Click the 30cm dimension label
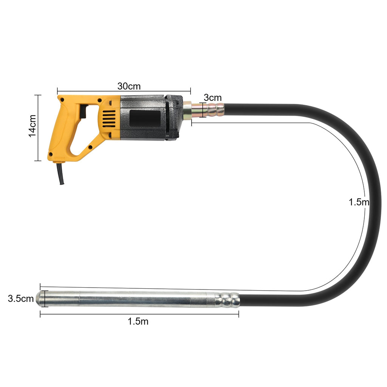tap(129, 86)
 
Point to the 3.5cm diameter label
tap(21, 299)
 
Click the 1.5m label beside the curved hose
tap(359, 202)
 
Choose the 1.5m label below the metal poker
tap(138, 322)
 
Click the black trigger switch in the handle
tap(83, 111)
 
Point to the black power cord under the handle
tap(60, 173)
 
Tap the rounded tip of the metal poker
tap(39, 299)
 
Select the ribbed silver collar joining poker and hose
tap(228, 300)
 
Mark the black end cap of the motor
tap(174, 118)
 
